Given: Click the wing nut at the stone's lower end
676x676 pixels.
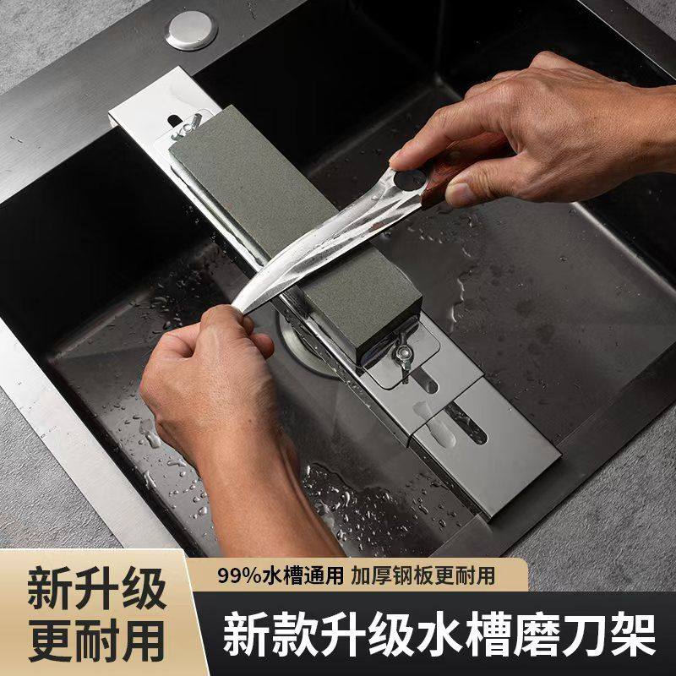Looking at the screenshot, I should [403, 346].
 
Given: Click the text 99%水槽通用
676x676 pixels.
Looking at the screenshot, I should [279, 575].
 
